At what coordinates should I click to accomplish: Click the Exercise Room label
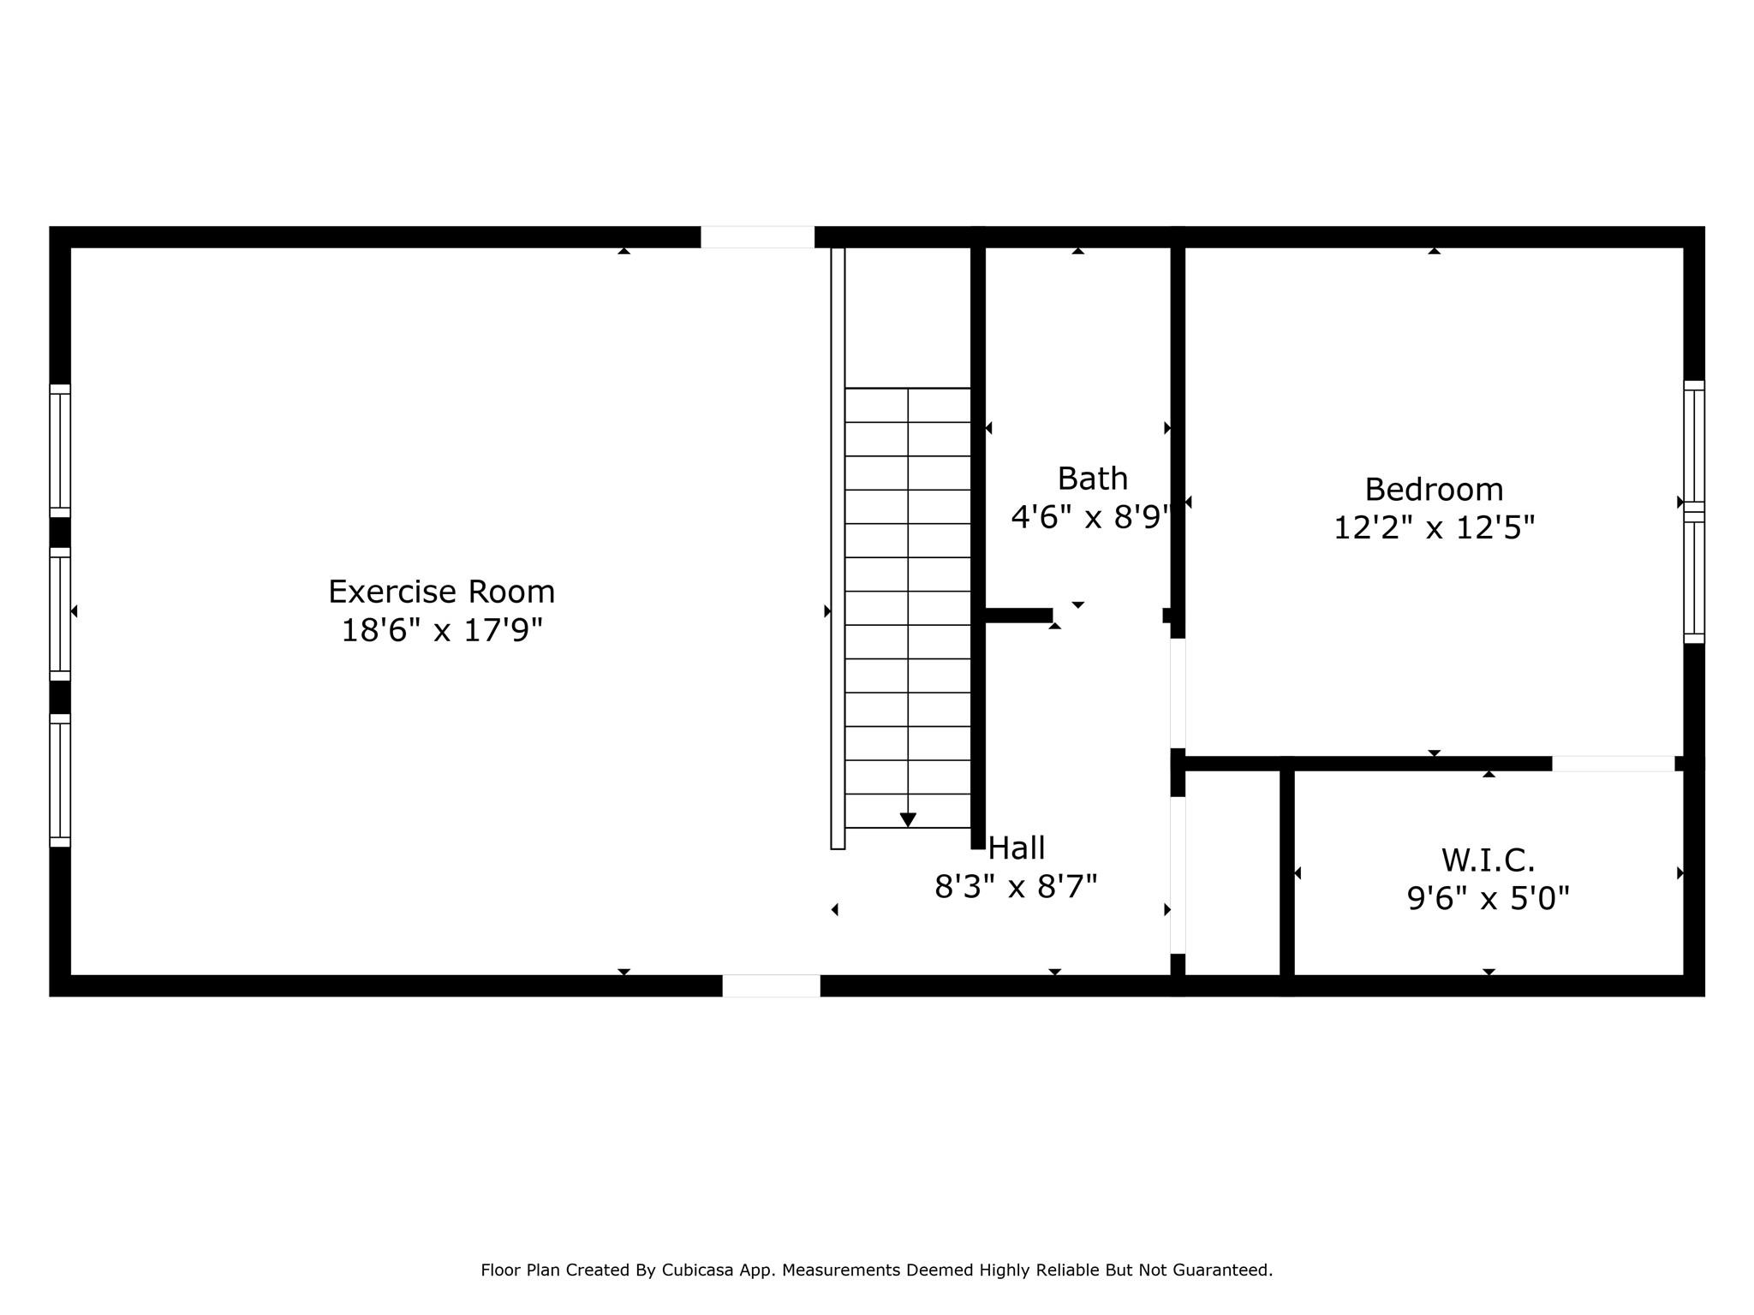441,592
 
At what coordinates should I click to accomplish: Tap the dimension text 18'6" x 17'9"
442,631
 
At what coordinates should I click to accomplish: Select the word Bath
1092,479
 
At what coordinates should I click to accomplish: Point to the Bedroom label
1434,490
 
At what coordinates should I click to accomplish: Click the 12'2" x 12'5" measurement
1434,528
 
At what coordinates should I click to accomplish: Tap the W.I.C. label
1488,860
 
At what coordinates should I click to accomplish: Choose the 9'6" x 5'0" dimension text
1488,899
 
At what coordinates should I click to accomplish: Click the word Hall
1017,848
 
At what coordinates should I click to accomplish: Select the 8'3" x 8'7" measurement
1016,887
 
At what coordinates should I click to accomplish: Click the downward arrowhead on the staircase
908,820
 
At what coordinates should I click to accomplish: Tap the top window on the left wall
60,450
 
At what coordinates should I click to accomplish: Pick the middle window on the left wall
60,614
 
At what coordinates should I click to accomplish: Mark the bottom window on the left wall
60,780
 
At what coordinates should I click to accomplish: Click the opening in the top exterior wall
757,237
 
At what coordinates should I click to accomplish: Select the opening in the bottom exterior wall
771,985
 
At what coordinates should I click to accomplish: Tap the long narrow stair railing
838,548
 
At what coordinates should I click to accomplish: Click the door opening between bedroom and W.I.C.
1613,764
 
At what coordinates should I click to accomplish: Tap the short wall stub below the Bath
1018,615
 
